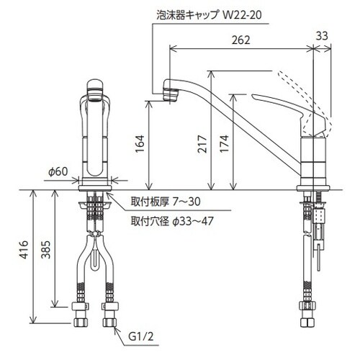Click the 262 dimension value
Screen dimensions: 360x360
tap(240, 40)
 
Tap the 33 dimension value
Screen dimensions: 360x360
tap(322, 36)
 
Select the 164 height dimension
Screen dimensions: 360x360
tap(140, 144)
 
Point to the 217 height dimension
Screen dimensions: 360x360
tap(202, 144)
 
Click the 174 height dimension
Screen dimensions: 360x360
tap(225, 144)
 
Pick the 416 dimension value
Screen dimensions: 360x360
tap(24, 250)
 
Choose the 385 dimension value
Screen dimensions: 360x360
tap(46, 250)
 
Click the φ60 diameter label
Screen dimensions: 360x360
tap(58, 172)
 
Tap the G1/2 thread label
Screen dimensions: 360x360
tap(141, 337)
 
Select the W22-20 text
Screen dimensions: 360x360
tap(242, 15)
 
